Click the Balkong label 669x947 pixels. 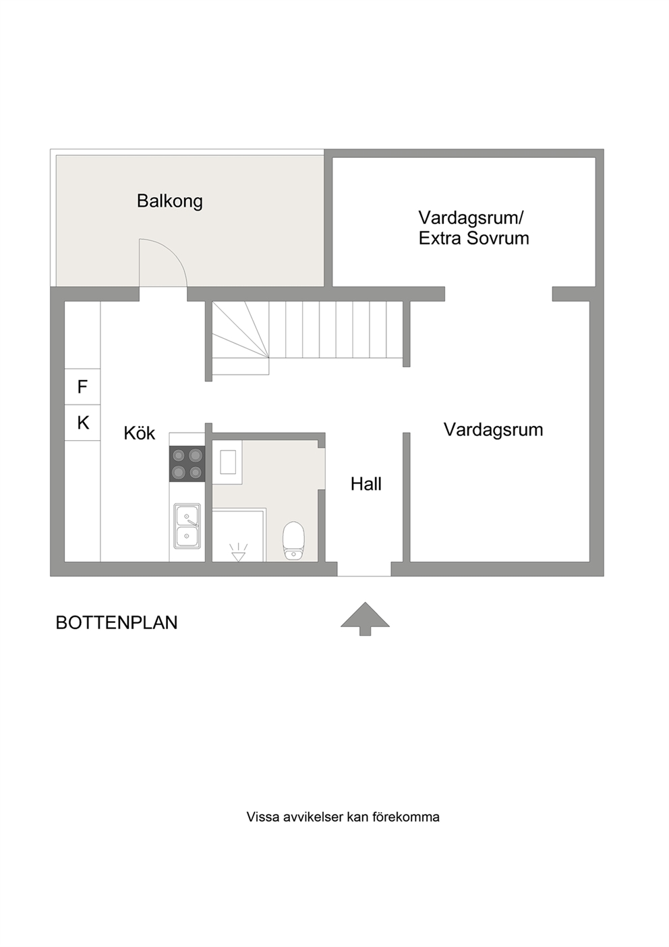[170, 201]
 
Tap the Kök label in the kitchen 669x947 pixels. [140, 433]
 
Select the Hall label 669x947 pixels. [366, 484]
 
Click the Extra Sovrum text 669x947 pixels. [473, 238]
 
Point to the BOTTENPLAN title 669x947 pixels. [117, 623]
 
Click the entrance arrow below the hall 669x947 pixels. [365, 618]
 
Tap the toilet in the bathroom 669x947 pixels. [293, 540]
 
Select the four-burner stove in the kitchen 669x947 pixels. [187, 464]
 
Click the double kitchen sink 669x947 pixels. [187, 526]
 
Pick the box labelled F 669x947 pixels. [82, 387]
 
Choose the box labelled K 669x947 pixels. [82, 423]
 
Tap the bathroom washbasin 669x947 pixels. [227, 462]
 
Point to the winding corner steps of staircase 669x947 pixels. [241, 338]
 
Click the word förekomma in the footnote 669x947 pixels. [406, 817]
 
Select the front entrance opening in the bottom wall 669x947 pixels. [363, 569]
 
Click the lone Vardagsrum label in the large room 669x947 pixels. [493, 431]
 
